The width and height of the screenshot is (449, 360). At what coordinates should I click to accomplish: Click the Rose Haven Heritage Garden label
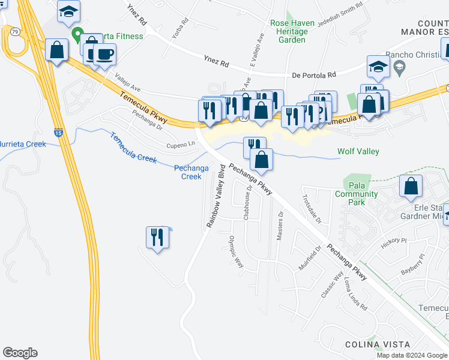tap(292, 31)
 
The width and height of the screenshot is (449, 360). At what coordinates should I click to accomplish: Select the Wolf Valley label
tap(358, 151)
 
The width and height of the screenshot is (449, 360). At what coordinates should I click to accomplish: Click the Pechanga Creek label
tap(191, 172)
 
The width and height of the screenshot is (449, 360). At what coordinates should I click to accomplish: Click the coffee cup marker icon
tap(105, 55)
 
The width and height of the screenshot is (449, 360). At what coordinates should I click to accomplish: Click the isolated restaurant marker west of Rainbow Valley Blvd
tap(157, 238)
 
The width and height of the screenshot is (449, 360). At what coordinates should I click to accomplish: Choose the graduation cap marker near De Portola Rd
tap(378, 67)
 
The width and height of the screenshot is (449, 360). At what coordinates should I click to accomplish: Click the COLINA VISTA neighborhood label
tap(378, 344)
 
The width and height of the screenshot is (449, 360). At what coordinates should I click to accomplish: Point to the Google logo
tap(20, 353)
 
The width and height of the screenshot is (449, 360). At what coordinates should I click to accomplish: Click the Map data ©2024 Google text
tap(412, 355)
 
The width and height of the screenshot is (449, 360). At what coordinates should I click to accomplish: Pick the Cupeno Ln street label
tap(182, 145)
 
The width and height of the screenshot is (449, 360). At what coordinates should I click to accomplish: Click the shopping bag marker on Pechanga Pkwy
tap(261, 160)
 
